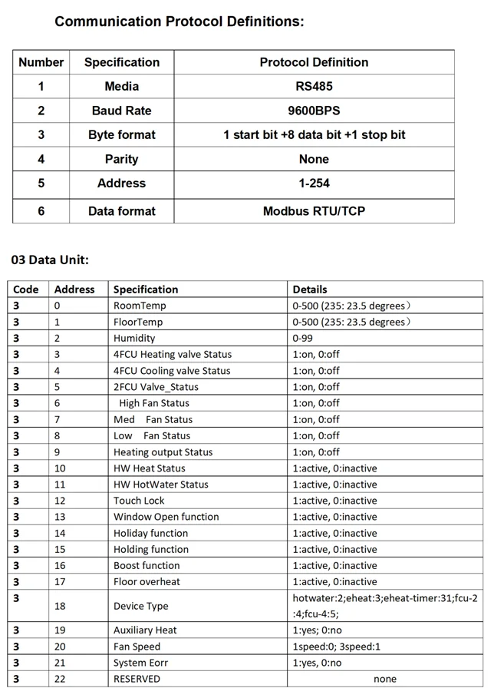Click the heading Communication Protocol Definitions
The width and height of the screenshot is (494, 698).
pyautogui.click(x=179, y=22)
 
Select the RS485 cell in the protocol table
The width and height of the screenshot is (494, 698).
pyautogui.click(x=313, y=86)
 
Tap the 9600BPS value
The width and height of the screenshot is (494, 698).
pyautogui.click(x=313, y=111)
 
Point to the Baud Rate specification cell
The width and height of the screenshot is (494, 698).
pyautogui.click(x=121, y=111)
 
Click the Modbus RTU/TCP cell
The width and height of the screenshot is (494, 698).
pyautogui.click(x=313, y=210)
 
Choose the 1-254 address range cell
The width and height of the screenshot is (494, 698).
pyautogui.click(x=313, y=183)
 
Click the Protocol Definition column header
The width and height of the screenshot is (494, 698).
pyautogui.click(x=313, y=62)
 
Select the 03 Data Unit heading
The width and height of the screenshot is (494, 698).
pyautogui.click(x=50, y=260)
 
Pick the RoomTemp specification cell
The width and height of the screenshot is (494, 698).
pyautogui.click(x=140, y=306)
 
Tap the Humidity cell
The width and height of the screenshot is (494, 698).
pyautogui.click(x=134, y=338)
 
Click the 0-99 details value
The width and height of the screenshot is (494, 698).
pyautogui.click(x=304, y=338)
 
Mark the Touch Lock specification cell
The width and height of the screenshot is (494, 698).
pyautogui.click(x=139, y=501)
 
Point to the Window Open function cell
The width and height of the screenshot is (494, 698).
pyautogui.click(x=166, y=517)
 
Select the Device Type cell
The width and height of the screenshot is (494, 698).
pyautogui.click(x=140, y=606)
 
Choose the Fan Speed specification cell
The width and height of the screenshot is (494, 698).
pyautogui.click(x=137, y=647)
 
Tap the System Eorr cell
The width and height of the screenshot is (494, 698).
pyautogui.click(x=140, y=663)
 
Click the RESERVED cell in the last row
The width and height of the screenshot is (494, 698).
pyautogui.click(x=137, y=679)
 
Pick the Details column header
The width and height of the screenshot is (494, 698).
pyautogui.click(x=310, y=289)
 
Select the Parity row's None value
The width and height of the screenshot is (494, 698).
pyautogui.click(x=313, y=159)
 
